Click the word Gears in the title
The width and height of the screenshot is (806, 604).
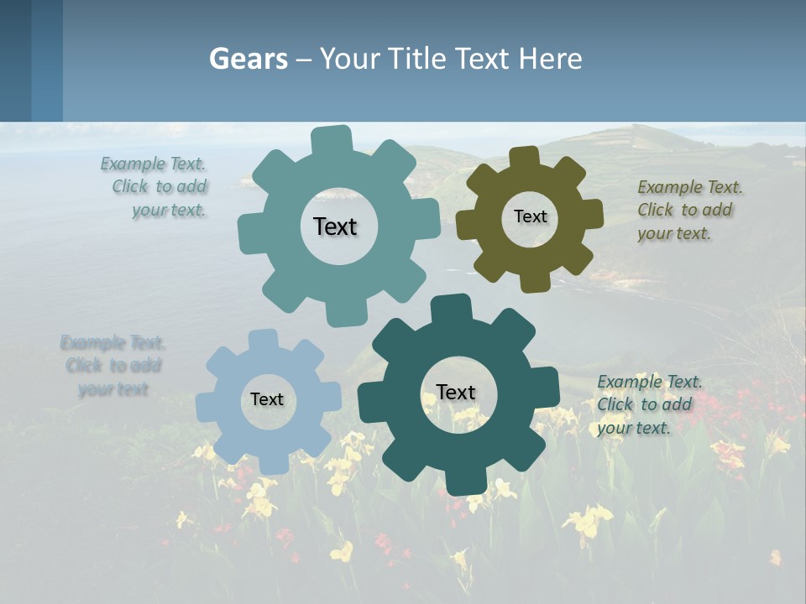[x=248, y=59]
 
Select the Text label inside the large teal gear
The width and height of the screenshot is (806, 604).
[x=335, y=226]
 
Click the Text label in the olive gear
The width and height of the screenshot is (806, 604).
[x=530, y=216]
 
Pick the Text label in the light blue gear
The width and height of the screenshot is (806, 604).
[x=267, y=400]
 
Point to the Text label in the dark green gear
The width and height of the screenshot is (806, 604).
[x=456, y=392]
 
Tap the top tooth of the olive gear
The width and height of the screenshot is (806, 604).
[x=524, y=158]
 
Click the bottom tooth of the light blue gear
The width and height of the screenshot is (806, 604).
[x=273, y=463]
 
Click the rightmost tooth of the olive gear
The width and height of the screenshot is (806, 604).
[x=591, y=214]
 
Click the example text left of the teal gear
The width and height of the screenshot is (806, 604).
[x=155, y=187]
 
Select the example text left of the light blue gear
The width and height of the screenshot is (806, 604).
[x=113, y=366]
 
